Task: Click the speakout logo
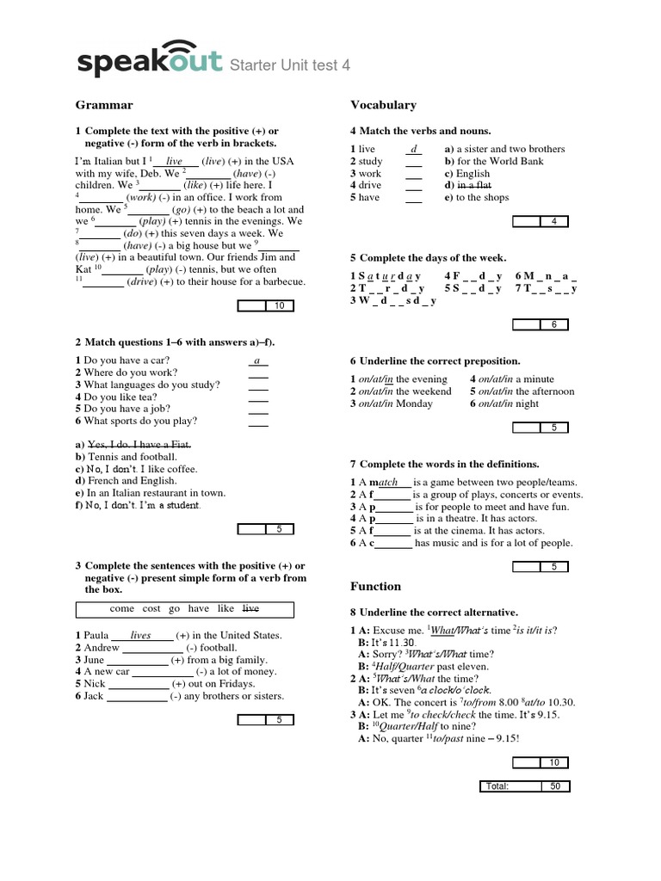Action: pos(151,59)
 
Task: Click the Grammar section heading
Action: pos(104,105)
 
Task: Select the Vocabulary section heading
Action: pos(383,105)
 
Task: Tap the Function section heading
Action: pos(375,586)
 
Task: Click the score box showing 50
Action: pos(554,786)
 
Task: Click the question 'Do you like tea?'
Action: pos(120,397)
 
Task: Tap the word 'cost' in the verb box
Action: pos(151,609)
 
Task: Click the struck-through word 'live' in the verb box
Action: pos(250,609)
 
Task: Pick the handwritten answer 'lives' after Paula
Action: pos(140,636)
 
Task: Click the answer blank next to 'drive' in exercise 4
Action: pos(414,185)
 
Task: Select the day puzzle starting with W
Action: pos(393,300)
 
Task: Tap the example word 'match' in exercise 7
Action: pos(387,483)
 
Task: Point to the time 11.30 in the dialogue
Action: pos(405,642)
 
